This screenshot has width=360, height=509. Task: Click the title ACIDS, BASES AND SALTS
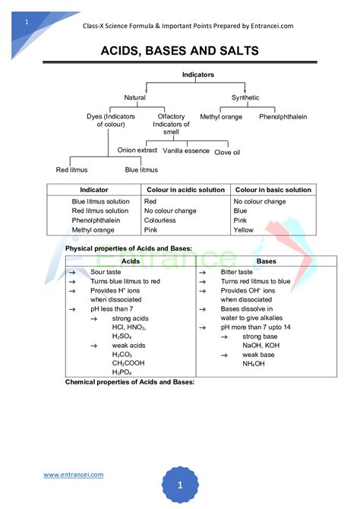point(180,51)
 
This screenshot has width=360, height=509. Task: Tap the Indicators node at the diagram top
point(197,74)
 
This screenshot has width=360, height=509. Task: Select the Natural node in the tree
point(135,97)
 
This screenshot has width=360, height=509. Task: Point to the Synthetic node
point(245,97)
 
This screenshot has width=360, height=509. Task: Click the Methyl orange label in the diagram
point(221,117)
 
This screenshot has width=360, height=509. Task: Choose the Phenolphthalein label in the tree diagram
point(283,117)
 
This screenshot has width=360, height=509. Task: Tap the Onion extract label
point(137,150)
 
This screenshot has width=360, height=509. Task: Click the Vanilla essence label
point(186,150)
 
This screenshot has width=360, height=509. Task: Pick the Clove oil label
point(227,152)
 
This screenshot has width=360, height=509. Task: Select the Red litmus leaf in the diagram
point(73,169)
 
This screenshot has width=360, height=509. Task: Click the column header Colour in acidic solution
point(186,190)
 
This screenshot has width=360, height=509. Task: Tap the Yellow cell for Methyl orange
point(244,229)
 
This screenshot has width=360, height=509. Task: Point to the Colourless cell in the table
point(160,220)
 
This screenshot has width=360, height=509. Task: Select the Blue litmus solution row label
point(100,201)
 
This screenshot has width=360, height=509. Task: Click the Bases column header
point(266,261)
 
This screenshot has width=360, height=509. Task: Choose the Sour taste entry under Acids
point(106,271)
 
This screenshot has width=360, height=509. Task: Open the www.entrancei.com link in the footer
point(74,475)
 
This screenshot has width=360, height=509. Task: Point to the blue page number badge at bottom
point(179,485)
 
